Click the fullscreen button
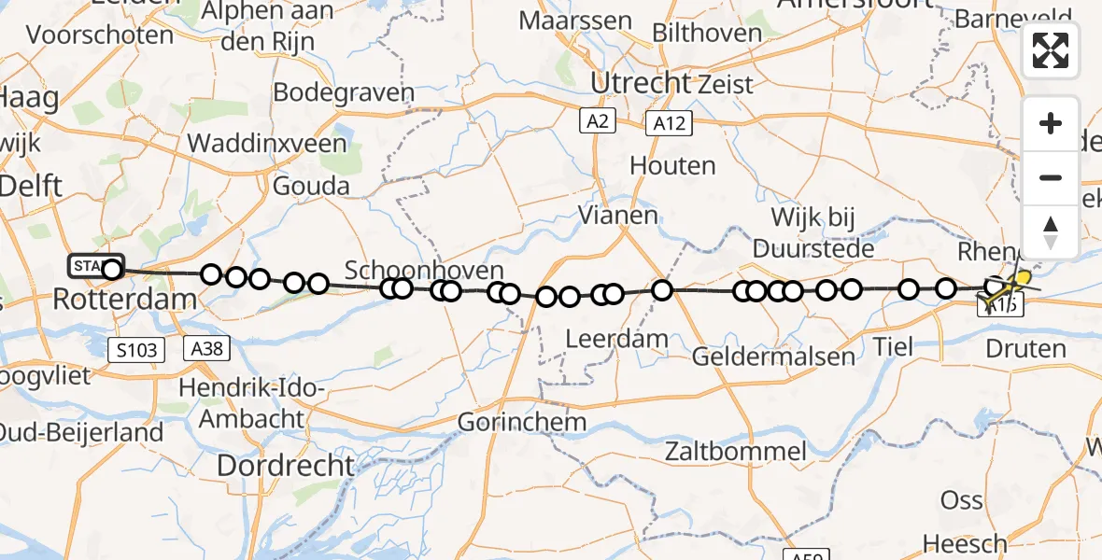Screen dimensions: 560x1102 pos(1051,50)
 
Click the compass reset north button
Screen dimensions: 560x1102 pos(1051,231)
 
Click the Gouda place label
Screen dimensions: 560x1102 pos(311,186)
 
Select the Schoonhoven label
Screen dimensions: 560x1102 pos(412,271)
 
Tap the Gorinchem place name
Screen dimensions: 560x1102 pos(522,422)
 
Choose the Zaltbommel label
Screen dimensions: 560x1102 pos(735,453)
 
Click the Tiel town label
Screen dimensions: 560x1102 pos(895,347)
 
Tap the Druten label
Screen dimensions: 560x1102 pos(1025,349)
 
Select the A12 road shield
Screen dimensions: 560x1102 pos(668,121)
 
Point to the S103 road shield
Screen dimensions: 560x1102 pos(137,350)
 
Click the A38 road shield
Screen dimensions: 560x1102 pos(206,348)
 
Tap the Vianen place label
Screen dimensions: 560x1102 pos(617,215)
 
